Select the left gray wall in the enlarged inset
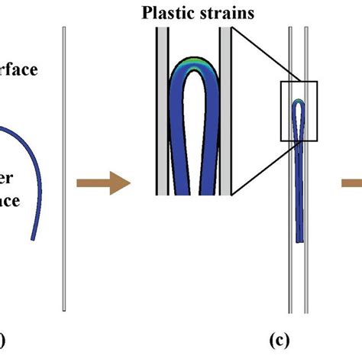[x=162, y=115]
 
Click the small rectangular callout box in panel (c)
[x=298, y=111]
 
